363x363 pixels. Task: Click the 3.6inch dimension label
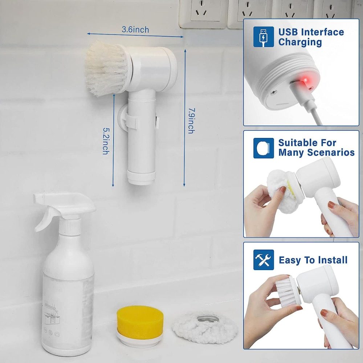click(x=135, y=30)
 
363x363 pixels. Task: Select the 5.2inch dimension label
click(x=105, y=141)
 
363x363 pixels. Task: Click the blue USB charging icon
click(x=264, y=36)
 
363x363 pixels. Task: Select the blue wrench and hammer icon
click(x=264, y=260)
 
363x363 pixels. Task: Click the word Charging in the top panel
click(x=300, y=42)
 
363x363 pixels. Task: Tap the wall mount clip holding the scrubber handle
click(x=128, y=120)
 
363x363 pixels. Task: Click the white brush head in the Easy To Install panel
click(x=287, y=290)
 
